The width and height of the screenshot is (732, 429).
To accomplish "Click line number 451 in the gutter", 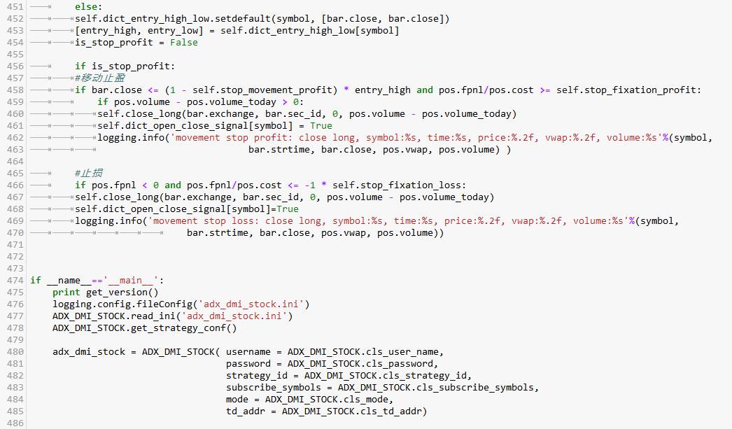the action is click(15, 7).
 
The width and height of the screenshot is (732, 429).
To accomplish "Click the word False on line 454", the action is click(184, 43).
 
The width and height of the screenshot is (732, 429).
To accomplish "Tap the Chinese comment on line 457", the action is click(100, 78).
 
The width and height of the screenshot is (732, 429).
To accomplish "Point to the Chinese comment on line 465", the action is click(89, 173).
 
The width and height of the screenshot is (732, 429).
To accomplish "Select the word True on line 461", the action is click(321, 126).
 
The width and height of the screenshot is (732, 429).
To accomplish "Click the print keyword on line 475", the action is click(66, 293).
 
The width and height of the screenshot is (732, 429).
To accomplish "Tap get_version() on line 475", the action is click(122, 293).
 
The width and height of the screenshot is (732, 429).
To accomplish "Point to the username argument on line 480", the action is click(248, 352).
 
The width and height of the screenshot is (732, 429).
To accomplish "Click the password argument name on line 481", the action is click(248, 364).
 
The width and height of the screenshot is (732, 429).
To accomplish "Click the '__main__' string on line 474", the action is click(131, 281).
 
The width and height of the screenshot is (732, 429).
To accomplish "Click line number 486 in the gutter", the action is click(15, 423).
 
